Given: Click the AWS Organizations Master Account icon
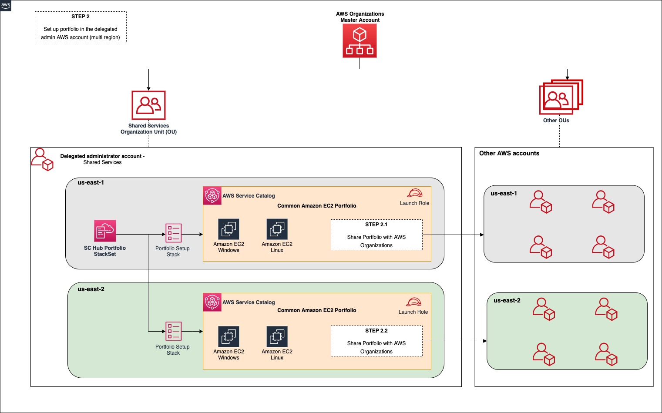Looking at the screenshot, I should [x=360, y=40].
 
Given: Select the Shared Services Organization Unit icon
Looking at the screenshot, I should [x=148, y=105].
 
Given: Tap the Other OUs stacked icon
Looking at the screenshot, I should [x=561, y=97].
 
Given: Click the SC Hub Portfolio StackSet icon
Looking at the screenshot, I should [x=105, y=231].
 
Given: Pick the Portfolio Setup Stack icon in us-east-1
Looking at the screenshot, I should [x=173, y=233].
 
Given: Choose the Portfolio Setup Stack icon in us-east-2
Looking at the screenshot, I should [x=173, y=331].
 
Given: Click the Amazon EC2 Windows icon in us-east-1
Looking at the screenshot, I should [x=229, y=229].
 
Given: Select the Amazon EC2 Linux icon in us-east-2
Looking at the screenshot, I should [x=277, y=337].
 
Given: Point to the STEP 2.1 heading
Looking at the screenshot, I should [x=376, y=225].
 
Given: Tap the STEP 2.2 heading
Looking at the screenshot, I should [x=376, y=331].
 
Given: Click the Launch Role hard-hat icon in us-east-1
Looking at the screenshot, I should [x=415, y=193].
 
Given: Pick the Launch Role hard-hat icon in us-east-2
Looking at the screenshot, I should [x=413, y=302].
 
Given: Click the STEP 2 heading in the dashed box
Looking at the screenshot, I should [x=81, y=17].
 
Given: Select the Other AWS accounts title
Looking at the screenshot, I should [x=509, y=153].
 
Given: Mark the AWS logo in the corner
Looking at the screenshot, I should [x=6, y=5].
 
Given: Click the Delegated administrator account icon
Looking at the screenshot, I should [x=42, y=159].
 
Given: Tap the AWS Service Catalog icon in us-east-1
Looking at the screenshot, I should [x=212, y=196].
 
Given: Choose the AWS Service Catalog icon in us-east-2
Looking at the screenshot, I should [x=212, y=302].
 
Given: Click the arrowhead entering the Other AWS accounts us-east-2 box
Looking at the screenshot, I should [x=485, y=341].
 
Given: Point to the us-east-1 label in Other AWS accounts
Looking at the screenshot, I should [x=504, y=194].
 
